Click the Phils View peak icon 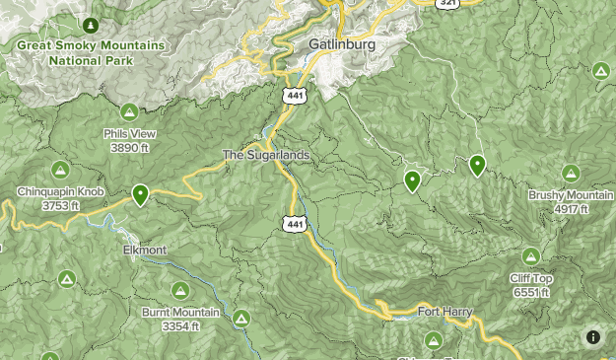point(129,112)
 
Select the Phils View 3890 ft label point(129,140)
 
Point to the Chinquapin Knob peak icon point(60,171)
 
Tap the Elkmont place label point(145,251)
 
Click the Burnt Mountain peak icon point(180,291)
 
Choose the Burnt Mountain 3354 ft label point(180,319)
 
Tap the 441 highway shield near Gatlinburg point(293,95)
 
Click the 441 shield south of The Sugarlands point(294,224)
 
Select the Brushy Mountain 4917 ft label point(571,201)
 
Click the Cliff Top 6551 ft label point(531,285)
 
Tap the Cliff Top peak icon point(531,256)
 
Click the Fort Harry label point(445,312)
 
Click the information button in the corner point(593,337)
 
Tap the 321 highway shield point(448,3)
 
